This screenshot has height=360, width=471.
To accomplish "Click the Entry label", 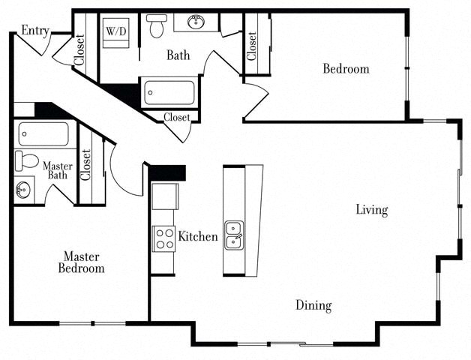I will (x=34, y=30).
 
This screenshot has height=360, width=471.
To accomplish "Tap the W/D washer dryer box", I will (x=115, y=31).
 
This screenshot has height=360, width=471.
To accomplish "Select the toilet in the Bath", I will (x=157, y=25).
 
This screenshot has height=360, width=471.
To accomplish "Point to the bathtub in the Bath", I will (x=169, y=93).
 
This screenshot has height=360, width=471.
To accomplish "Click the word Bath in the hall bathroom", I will (x=178, y=55).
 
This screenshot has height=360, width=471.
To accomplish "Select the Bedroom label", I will (x=346, y=69).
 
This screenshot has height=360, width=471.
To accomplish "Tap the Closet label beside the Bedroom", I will (x=252, y=46).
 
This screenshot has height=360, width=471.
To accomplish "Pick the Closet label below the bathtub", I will (x=177, y=117).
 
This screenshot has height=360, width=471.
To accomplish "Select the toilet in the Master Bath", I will (x=26, y=161).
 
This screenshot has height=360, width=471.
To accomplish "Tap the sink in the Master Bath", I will (x=22, y=189).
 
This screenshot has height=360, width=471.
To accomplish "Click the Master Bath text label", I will (x=57, y=170).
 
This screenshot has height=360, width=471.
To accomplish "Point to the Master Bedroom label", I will (x=83, y=262).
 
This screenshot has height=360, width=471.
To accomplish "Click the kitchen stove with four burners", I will (x=163, y=238).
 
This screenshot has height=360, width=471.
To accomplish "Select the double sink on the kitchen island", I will (x=234, y=234).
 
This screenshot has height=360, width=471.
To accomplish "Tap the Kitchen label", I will (x=198, y=237).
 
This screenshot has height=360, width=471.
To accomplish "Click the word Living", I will (x=371, y=210).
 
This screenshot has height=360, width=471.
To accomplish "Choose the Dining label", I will (x=313, y=305).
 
